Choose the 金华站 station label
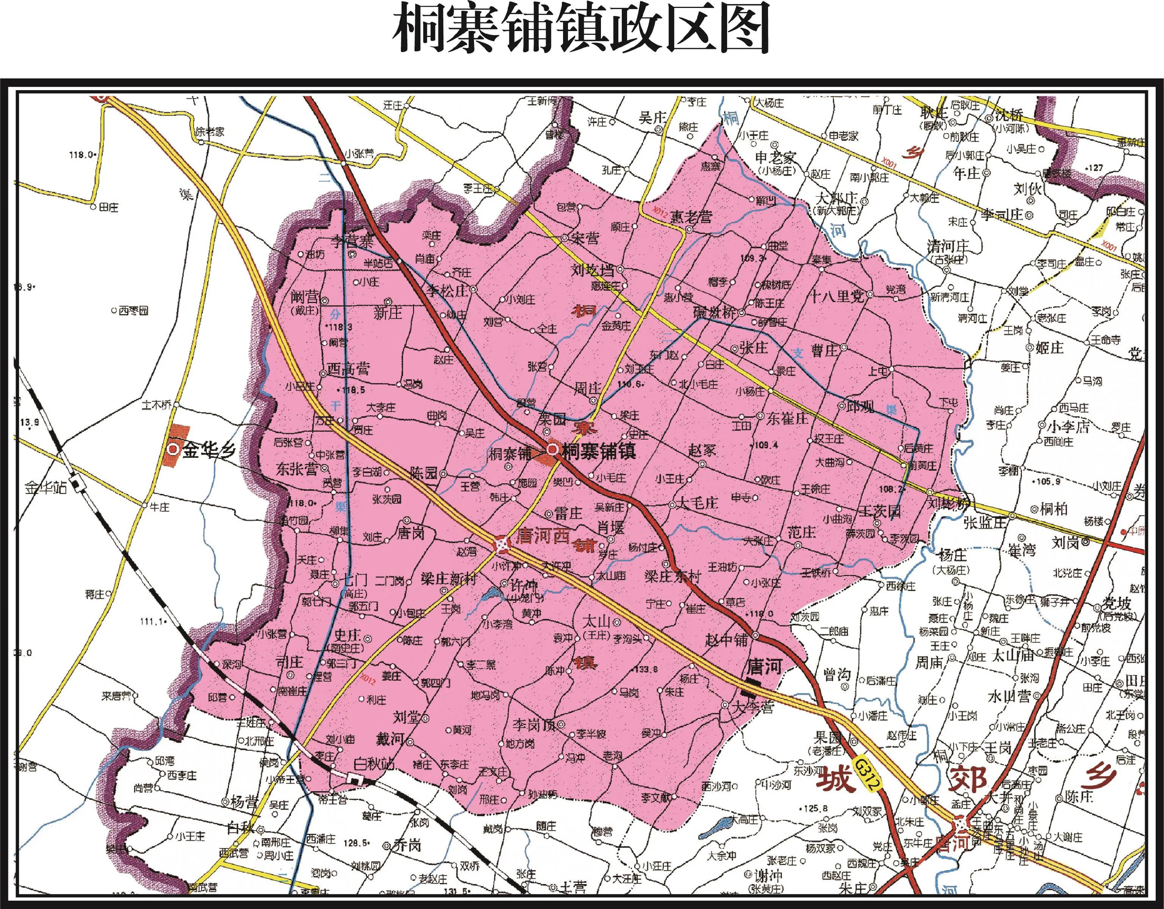click(46, 487)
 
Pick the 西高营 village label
click(348, 369)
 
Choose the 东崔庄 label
click(787, 419)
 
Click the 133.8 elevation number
click(646, 669)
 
